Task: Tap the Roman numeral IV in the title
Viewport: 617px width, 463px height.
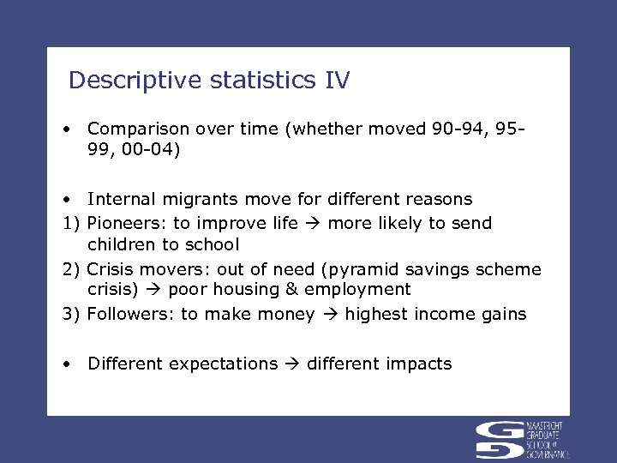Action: click(x=337, y=81)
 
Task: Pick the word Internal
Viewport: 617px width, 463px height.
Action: click(x=121, y=199)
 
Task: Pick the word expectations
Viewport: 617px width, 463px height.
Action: click(x=223, y=364)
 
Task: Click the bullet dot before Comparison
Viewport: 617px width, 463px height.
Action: click(x=66, y=129)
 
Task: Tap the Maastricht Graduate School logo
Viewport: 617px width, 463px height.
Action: click(x=522, y=440)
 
